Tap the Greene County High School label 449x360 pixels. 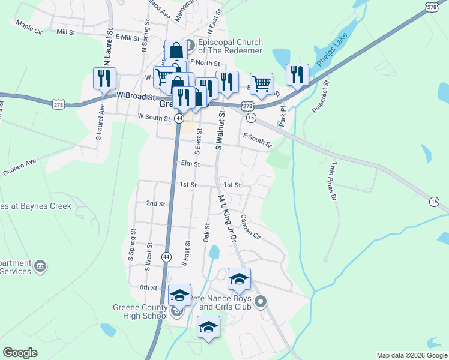[140, 311]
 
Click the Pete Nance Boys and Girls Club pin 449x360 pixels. [260, 301]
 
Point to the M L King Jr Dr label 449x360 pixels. [228, 217]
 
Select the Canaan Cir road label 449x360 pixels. [252, 226]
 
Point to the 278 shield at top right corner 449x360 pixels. [433, 5]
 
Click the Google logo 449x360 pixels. [20, 353]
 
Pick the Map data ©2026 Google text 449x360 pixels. [412, 355]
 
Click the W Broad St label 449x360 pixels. [136, 95]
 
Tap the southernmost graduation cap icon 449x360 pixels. [208, 326]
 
